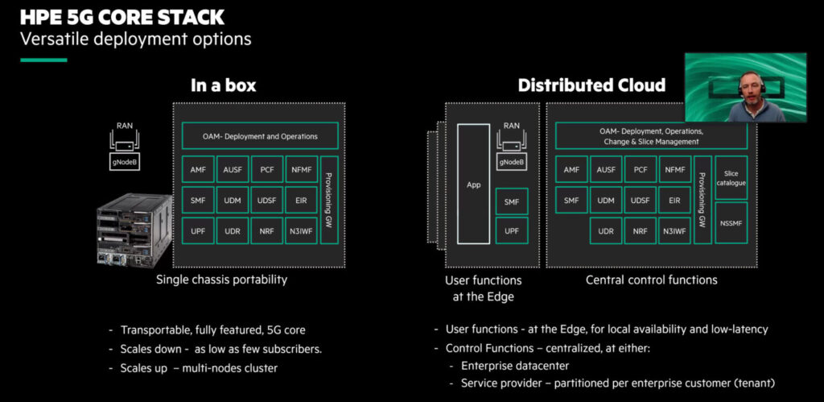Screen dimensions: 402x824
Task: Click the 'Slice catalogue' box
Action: [731, 178]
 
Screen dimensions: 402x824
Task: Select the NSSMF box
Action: [731, 223]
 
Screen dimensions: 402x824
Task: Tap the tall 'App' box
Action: [473, 184]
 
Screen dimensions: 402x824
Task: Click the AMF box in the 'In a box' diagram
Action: [197, 170]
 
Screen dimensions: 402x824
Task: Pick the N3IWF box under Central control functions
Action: [674, 230]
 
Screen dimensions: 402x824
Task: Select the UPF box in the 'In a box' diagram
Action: [197, 230]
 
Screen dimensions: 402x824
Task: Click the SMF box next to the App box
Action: [512, 201]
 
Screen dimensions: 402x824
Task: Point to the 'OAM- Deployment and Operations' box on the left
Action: [260, 136]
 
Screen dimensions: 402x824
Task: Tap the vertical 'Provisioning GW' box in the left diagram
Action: [329, 200]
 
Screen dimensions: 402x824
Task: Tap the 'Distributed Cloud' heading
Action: [591, 85]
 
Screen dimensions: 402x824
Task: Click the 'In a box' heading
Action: [223, 85]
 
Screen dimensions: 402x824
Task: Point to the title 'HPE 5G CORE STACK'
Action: [122, 17]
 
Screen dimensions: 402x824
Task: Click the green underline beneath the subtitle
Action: [54, 60]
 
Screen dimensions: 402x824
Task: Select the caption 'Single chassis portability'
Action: [221, 280]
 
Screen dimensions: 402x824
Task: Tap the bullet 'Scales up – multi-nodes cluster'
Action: [198, 368]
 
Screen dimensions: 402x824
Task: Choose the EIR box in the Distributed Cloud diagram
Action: [674, 201]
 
